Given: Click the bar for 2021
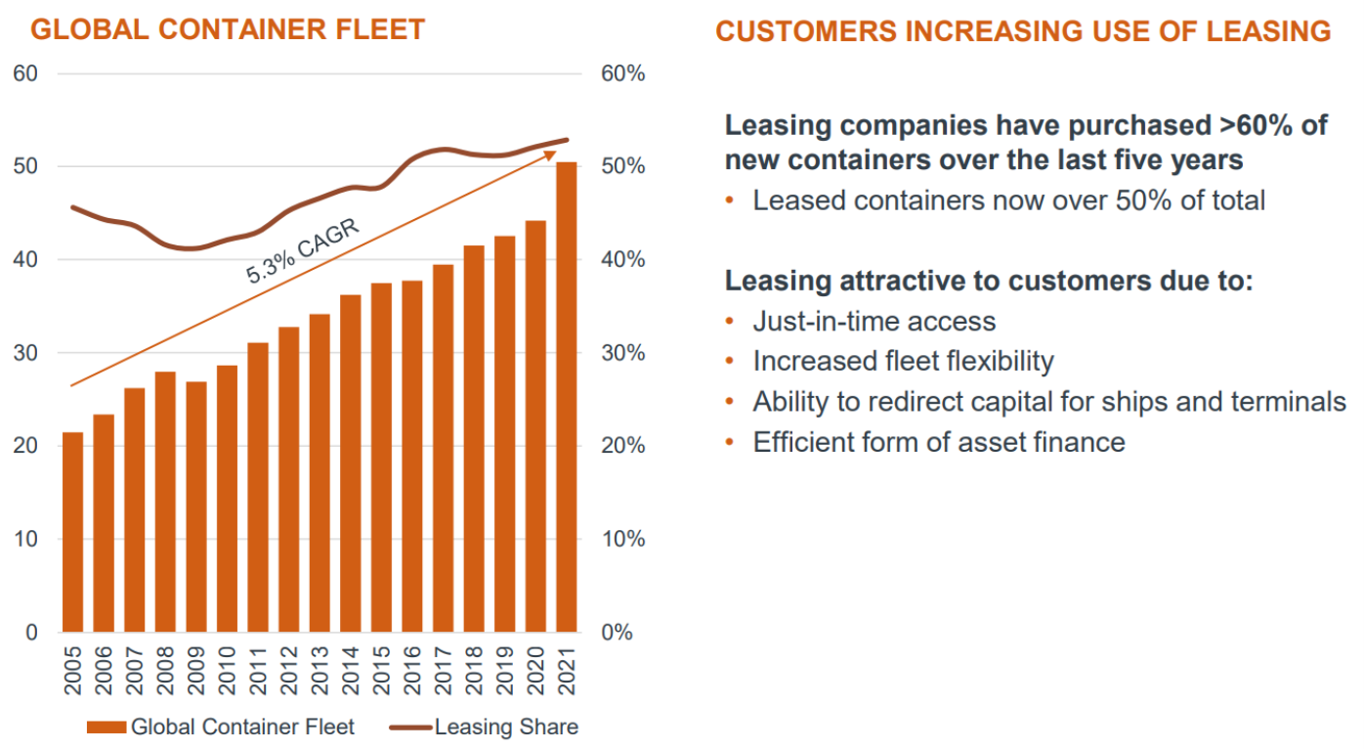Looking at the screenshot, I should tap(567, 396).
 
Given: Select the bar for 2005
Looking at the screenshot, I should tap(72, 532).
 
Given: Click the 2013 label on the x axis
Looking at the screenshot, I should tap(320, 671).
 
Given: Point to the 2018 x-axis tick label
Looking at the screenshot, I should tap(474, 671).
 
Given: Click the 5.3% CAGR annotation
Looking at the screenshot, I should tap(303, 252).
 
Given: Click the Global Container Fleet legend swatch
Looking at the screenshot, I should tap(107, 728).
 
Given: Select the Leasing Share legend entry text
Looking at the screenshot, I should tap(506, 728).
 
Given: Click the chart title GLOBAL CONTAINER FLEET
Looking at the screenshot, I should tap(228, 29).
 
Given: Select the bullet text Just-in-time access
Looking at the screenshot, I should tap(874, 321).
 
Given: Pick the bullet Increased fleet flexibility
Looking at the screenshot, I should tap(903, 361).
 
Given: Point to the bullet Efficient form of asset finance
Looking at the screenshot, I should tap(938, 442).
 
